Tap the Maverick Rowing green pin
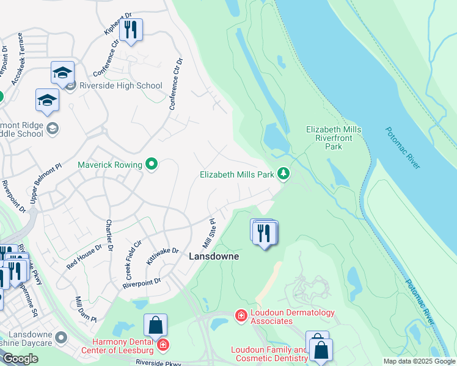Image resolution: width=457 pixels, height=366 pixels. click(152, 164)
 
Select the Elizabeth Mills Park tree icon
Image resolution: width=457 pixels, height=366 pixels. click(283, 174)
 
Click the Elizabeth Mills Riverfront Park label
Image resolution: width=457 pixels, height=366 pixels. click(334, 138)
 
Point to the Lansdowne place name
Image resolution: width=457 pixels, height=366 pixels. click(213, 257)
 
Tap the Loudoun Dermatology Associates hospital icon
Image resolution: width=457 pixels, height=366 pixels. click(241, 315)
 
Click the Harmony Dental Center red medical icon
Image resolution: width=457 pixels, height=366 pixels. click(163, 346)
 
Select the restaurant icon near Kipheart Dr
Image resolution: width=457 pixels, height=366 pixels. click(130, 30)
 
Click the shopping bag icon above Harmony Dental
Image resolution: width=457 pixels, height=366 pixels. click(156, 325)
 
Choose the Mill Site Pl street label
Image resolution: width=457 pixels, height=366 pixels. click(209, 231)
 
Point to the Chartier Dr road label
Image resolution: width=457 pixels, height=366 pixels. click(109, 235)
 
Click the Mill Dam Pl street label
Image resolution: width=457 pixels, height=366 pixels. click(86, 309)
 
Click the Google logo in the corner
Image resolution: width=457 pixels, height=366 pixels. click(20, 358)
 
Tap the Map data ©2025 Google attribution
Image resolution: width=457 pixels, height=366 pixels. click(419, 361)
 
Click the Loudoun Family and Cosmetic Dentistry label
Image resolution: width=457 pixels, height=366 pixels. click(269, 354)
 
